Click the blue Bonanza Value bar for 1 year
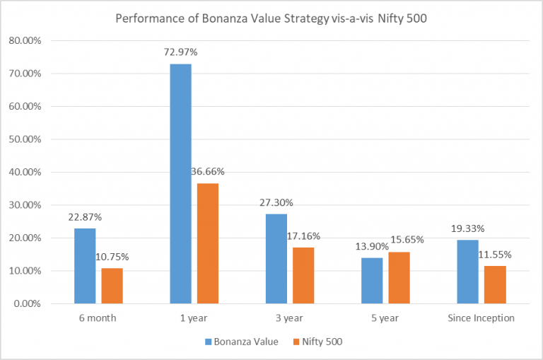coord(180,184)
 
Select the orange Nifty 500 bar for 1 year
coord(208,243)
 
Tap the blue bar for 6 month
coord(85,266)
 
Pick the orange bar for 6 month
coord(112,286)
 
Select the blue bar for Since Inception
coord(467,272)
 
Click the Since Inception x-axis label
coord(481,318)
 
